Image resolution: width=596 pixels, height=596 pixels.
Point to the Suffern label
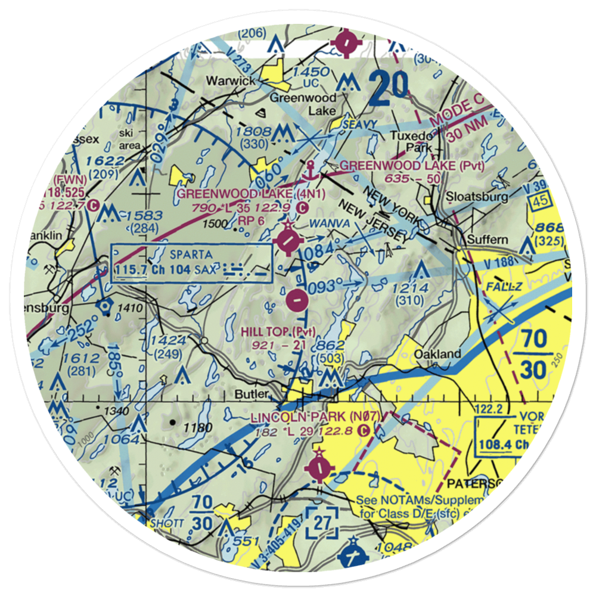click(x=487, y=240)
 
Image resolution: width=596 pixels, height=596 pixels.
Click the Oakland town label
click(x=438, y=354)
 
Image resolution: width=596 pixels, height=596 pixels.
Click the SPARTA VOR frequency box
click(x=192, y=262)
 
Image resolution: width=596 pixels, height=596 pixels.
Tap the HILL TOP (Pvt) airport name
click(x=278, y=331)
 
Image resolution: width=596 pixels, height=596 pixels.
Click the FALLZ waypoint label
click(x=504, y=287)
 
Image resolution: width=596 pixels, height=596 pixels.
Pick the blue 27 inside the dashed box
click(x=322, y=523)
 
